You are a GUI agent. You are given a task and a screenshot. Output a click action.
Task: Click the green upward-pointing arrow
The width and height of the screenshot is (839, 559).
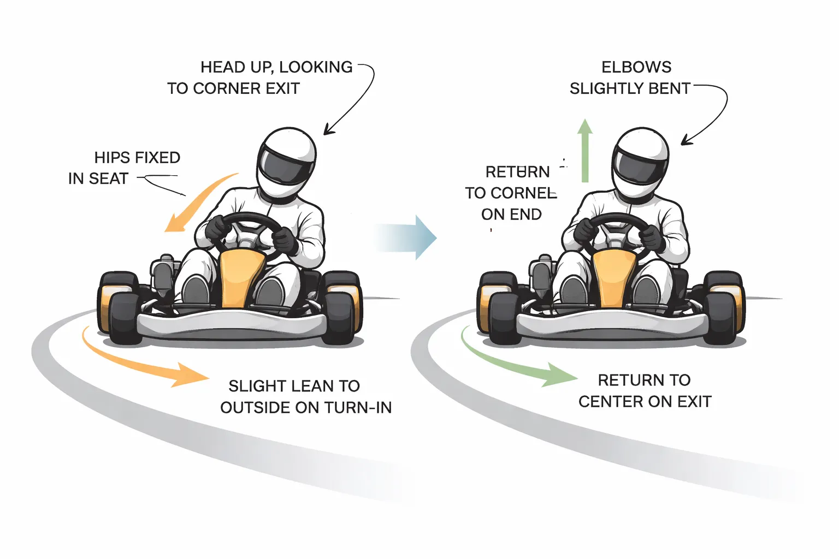pos(585,150)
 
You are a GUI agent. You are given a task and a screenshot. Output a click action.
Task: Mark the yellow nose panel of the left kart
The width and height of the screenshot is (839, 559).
pos(240,278)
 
